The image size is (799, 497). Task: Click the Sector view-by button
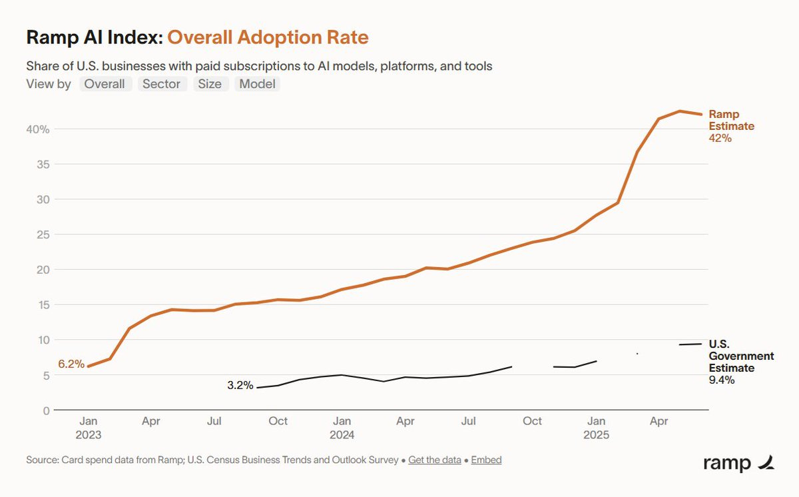(162, 84)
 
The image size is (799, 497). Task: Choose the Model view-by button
(257, 84)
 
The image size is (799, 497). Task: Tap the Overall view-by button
(105, 84)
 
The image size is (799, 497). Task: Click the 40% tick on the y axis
(39, 129)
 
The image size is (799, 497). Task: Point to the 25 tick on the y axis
(43, 235)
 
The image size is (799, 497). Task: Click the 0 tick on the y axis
(46, 410)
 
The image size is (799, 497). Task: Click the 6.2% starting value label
(71, 364)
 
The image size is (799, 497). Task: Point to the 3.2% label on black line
(240, 385)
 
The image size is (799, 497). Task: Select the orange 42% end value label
(720, 139)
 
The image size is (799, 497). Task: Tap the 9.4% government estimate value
(722, 380)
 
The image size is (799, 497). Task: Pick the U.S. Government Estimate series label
(741, 356)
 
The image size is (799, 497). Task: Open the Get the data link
(434, 460)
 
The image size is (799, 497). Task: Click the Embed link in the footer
(486, 460)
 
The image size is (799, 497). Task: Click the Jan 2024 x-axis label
(342, 428)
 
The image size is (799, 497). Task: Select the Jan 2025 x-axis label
(596, 428)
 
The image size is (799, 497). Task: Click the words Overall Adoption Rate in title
(268, 37)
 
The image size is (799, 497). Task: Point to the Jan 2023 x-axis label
(89, 428)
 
